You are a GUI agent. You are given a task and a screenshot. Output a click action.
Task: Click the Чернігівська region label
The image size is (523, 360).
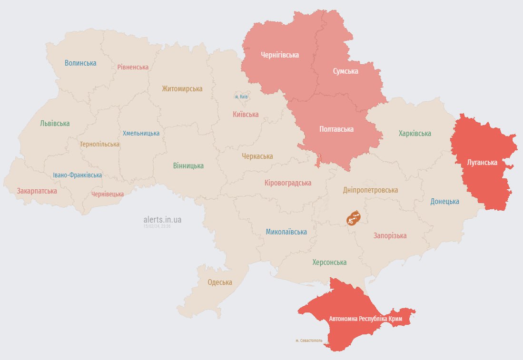[x=280, y=55]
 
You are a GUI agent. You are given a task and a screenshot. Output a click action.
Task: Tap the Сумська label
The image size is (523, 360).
[x=345, y=71]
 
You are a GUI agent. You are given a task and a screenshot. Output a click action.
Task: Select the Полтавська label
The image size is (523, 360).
[x=336, y=129]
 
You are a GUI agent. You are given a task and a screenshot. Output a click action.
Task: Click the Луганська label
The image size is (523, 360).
[x=482, y=163]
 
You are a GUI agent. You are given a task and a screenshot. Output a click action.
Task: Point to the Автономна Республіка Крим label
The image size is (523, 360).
[x=365, y=318]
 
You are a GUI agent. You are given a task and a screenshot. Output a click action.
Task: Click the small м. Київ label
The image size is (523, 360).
[x=241, y=97]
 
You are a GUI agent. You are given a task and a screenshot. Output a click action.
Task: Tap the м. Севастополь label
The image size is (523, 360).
[x=308, y=341]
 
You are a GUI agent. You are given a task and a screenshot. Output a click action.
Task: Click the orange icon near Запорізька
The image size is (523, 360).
[x=354, y=218]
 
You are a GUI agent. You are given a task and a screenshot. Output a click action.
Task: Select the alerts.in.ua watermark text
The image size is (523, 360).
[x=162, y=220]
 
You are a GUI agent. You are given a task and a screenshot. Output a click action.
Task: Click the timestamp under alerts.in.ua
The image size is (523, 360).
[x=157, y=226]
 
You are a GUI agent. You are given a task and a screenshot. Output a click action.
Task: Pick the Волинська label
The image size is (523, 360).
[x=80, y=63]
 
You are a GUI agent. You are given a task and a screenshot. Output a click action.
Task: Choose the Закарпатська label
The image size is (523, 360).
[x=37, y=191]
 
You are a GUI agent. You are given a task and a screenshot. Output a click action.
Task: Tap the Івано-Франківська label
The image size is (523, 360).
[x=77, y=175]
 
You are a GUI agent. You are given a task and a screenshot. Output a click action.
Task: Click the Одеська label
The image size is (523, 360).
[x=220, y=282]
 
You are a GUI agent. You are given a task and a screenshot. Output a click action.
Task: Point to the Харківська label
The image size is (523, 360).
[x=415, y=134]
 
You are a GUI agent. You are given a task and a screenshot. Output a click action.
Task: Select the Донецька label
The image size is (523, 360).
[x=445, y=201]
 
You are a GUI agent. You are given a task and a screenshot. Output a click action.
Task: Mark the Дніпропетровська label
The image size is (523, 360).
[x=370, y=190]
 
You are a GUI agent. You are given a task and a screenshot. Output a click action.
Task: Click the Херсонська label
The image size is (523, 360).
[x=329, y=262]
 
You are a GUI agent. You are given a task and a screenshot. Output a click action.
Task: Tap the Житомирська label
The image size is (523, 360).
[x=182, y=88]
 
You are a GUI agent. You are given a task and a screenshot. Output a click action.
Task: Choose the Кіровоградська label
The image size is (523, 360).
[x=288, y=183]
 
